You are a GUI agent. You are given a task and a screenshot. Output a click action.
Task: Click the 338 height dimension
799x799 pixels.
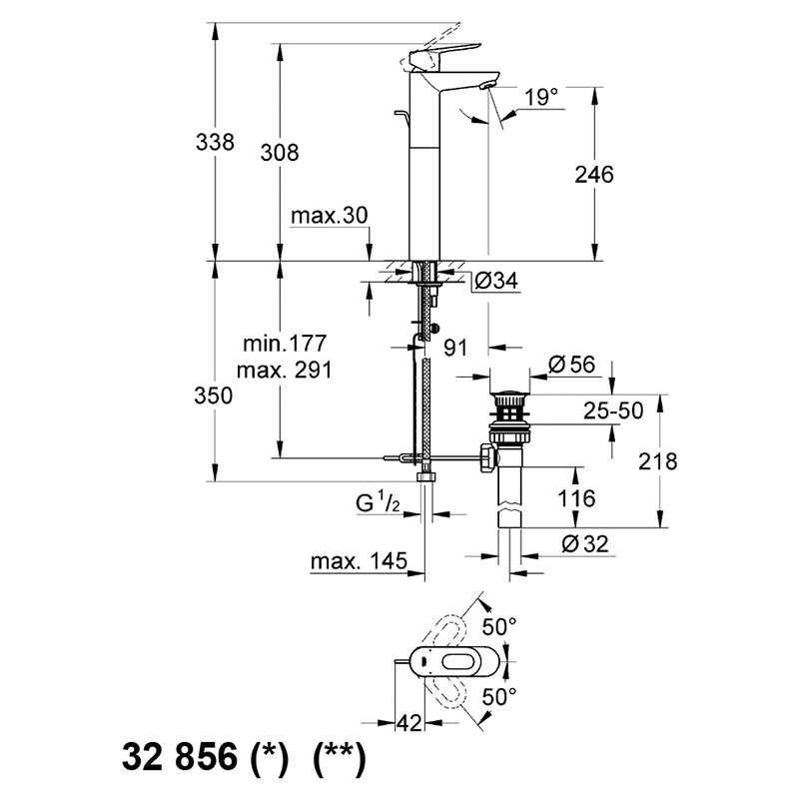(215, 142)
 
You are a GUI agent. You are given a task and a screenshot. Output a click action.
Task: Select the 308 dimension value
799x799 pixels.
(280, 153)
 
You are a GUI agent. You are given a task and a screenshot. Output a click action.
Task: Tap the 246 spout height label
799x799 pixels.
(594, 174)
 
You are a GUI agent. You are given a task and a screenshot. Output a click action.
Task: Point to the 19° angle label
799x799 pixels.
(541, 96)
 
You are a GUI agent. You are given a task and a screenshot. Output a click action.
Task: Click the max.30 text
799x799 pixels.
(330, 216)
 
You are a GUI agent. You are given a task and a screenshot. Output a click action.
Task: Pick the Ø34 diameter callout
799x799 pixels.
(495, 281)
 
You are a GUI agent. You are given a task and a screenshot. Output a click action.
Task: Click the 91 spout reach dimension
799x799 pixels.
(455, 348)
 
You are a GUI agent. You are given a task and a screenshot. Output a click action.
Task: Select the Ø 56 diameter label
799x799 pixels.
(571, 365)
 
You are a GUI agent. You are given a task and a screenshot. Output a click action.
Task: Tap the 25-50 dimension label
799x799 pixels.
(613, 410)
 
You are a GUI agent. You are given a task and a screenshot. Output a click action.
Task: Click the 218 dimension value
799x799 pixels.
(658, 461)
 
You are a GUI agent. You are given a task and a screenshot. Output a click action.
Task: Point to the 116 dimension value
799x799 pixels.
(576, 497)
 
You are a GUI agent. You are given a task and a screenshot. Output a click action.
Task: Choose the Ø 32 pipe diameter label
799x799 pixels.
(585, 544)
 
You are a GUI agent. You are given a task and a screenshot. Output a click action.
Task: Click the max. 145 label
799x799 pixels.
(360, 561)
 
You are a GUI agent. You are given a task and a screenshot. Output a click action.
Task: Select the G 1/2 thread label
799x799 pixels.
(378, 503)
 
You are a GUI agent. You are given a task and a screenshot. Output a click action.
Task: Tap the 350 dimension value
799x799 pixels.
(214, 396)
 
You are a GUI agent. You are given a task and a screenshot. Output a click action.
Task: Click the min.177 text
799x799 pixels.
(285, 344)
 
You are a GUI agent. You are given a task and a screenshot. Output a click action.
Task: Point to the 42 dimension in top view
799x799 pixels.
(409, 722)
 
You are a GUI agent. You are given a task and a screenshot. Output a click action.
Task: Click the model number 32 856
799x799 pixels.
(180, 756)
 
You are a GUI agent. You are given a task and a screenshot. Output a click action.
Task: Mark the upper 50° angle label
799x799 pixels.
(500, 627)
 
